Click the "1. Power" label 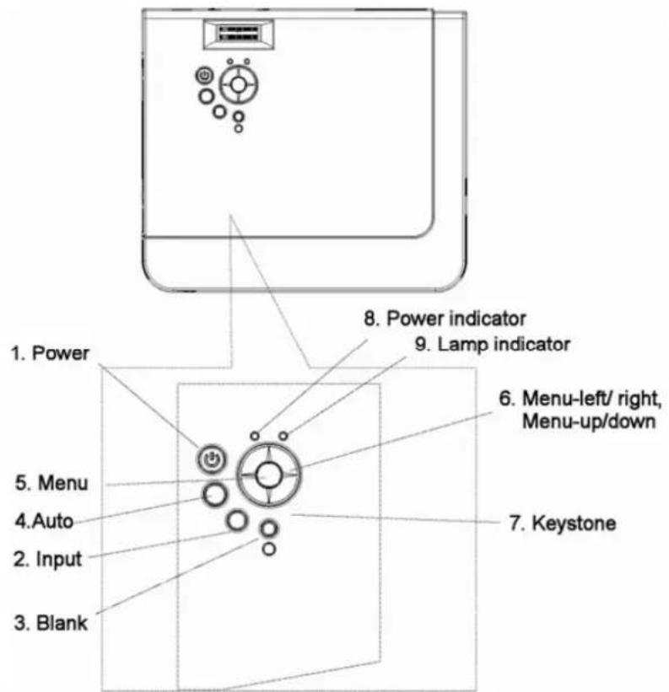50,353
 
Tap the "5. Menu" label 51,482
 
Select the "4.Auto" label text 44,521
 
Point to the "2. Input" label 48,559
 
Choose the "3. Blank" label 51,623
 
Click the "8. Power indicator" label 445,319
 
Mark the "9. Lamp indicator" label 493,344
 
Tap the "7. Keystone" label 562,523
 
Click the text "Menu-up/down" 589,421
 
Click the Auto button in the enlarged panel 215,494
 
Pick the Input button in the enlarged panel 237,520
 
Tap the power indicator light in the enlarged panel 255,436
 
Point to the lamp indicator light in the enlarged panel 283,436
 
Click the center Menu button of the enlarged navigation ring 268,475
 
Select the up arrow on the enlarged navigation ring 268,453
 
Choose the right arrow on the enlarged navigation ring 290,475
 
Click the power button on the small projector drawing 204,76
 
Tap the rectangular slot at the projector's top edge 239,34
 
